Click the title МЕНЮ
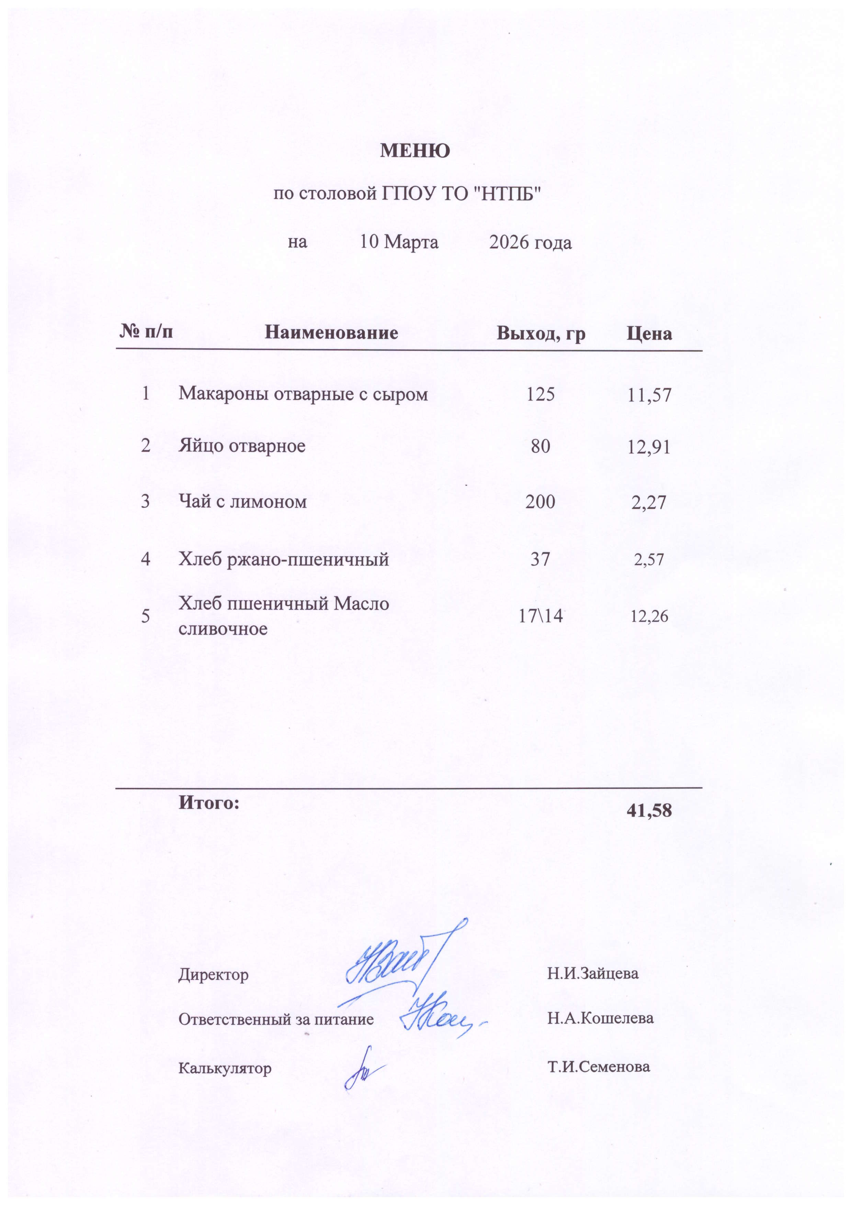[x=414, y=151]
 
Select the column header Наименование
[x=331, y=333]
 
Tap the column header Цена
[x=649, y=334]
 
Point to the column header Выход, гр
[x=541, y=334]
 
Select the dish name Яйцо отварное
[x=242, y=446]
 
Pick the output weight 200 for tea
[x=541, y=502]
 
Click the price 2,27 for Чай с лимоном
[x=649, y=503]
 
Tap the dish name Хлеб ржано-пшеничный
[x=284, y=559]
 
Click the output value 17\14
[x=541, y=616]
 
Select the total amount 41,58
[x=649, y=811]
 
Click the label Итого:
[x=209, y=802]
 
